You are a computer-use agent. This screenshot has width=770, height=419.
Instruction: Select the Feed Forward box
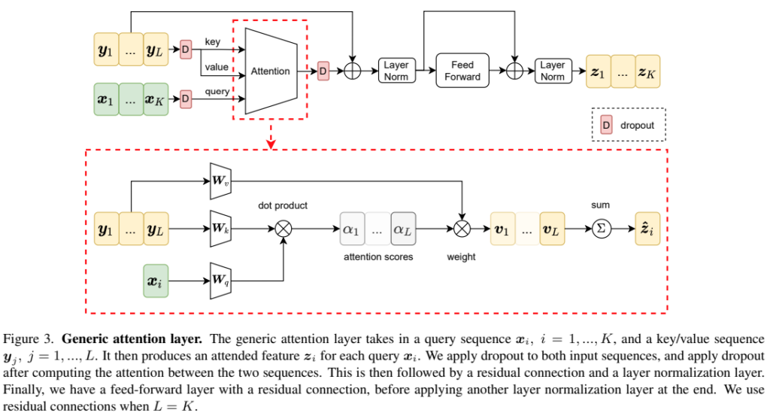462,71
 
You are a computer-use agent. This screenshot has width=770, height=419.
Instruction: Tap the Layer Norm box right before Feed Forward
396,71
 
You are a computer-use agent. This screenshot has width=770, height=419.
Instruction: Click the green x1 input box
106,98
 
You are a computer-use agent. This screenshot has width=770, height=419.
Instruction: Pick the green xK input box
156,98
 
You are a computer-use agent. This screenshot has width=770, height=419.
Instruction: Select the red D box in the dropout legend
605,126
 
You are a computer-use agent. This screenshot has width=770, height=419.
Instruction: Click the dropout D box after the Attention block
323,71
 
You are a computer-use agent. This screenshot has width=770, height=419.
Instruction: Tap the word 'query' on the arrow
217,91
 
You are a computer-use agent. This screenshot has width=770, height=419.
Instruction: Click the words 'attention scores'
378,257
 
